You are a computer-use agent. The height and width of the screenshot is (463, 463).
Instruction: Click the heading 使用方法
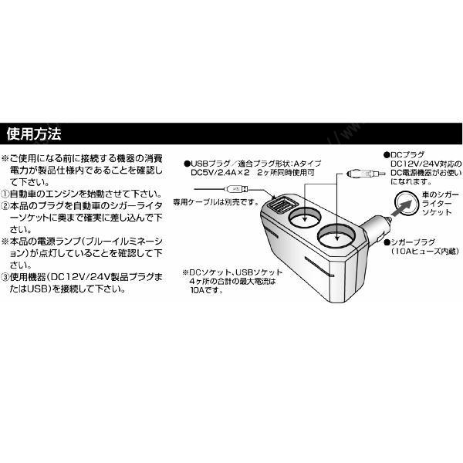point(34,133)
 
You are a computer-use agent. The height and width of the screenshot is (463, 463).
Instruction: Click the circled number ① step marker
point(5,194)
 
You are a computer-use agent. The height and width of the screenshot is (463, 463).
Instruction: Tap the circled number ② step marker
point(5,206)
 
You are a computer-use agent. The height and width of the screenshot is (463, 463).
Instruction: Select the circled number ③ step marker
point(5,277)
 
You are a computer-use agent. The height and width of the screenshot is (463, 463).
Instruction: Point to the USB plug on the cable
point(236,189)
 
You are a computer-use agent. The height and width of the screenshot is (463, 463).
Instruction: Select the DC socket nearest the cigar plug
point(336,237)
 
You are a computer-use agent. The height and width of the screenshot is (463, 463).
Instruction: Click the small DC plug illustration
point(366,174)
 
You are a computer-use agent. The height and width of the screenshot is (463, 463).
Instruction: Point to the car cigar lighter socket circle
point(406,204)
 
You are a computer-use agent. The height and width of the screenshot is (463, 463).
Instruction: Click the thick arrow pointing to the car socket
point(401,208)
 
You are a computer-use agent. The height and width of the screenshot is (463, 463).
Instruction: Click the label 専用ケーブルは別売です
point(216,202)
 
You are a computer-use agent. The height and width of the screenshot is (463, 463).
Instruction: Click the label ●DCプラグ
point(404,155)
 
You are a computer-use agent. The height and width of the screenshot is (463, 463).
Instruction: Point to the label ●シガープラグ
point(409,243)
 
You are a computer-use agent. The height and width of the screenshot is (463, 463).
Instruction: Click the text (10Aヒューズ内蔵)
point(425,252)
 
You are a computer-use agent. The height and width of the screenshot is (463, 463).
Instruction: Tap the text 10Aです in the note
point(206,290)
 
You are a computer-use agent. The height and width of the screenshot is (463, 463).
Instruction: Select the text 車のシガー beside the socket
point(441,195)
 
